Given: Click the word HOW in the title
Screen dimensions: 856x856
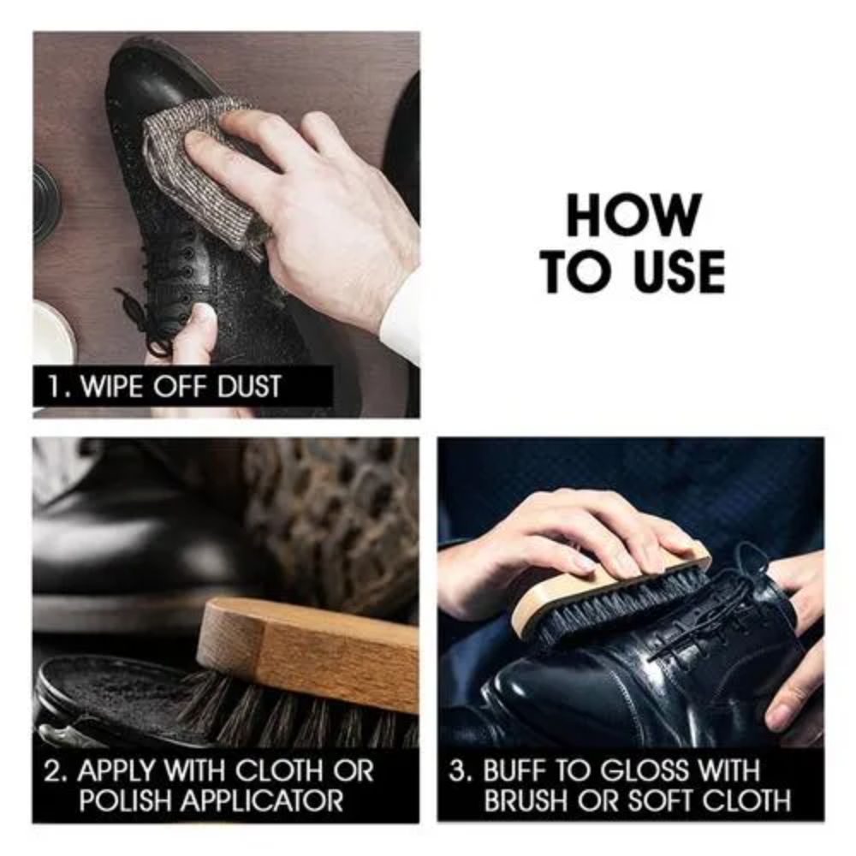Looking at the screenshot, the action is coord(633,215).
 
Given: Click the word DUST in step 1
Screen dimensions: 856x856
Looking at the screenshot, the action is coord(249,387).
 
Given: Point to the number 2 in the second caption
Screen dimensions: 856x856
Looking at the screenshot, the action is coord(52,771).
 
